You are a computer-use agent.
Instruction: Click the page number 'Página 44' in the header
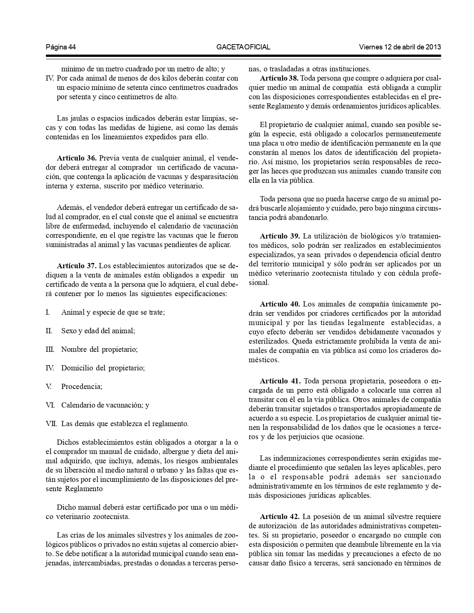tap(61, 47)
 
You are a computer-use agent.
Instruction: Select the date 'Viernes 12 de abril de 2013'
tap(400, 47)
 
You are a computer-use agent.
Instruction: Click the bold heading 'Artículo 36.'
tap(77, 158)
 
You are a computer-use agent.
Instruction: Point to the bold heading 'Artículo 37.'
tap(77, 266)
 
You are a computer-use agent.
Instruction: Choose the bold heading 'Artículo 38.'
tap(280, 78)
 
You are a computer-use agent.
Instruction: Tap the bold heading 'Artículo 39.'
tap(280, 236)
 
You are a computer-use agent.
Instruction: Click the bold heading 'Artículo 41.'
tap(280, 381)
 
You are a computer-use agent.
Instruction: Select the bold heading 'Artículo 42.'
tap(280, 517)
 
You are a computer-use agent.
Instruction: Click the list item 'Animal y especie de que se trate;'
tap(113, 312)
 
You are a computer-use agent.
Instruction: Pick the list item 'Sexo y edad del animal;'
tap(98, 331)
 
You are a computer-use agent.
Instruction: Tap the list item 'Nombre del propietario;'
tap(100, 349)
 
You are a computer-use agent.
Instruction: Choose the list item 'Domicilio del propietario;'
tap(103, 368)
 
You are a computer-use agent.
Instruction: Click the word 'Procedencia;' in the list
tap(82, 386)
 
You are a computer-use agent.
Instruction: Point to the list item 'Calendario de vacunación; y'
tap(105, 405)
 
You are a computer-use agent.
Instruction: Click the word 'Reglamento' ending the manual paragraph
tap(84, 489)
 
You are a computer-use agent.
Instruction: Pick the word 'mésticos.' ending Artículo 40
tap(264, 360)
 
